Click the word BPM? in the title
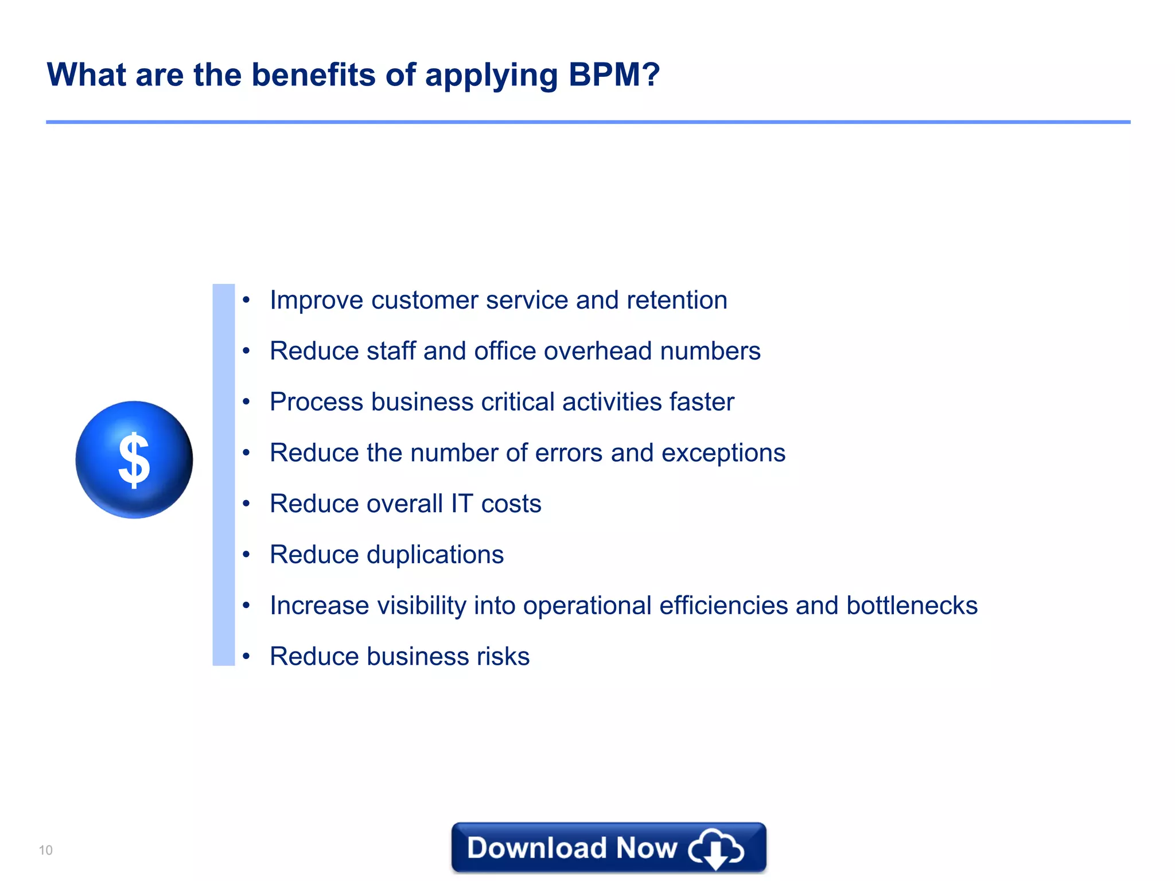point(614,75)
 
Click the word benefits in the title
point(314,75)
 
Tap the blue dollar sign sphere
point(134,459)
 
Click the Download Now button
point(608,848)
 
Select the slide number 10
point(45,850)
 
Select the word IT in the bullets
point(462,504)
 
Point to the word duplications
point(435,555)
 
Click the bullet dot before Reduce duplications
point(246,555)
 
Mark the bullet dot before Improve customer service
point(246,300)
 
